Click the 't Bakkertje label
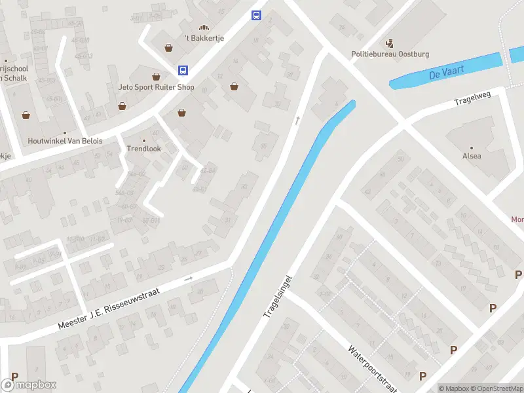(204, 38)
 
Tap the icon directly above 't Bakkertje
(204, 28)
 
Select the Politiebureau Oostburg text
(390, 54)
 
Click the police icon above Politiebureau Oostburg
(390, 44)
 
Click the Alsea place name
(471, 157)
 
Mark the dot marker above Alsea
(471, 147)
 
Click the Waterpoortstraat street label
(372, 368)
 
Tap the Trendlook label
(143, 149)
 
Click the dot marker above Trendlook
(143, 140)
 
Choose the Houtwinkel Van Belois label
(65, 141)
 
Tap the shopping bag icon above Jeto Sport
(157, 76)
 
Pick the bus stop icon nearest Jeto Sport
(183, 70)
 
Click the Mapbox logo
(29, 384)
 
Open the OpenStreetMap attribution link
(495, 388)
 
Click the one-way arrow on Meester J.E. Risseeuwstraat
(189, 278)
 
